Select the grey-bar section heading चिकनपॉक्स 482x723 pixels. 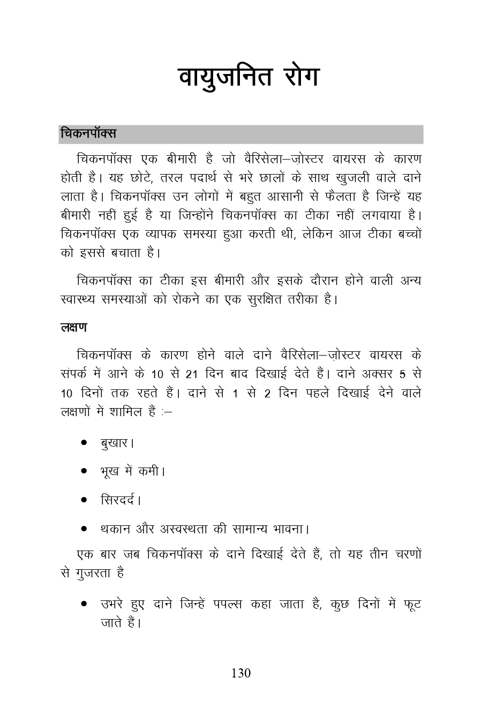click(88, 134)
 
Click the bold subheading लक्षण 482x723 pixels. click(74, 328)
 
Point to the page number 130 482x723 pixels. click(241, 673)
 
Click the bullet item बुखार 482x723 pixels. click(116, 443)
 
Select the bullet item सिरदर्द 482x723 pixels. click(119, 501)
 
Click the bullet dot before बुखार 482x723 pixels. click(84, 443)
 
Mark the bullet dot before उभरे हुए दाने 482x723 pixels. click(84, 604)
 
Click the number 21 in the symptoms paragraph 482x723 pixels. click(192, 374)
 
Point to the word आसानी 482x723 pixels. click(280, 197)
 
